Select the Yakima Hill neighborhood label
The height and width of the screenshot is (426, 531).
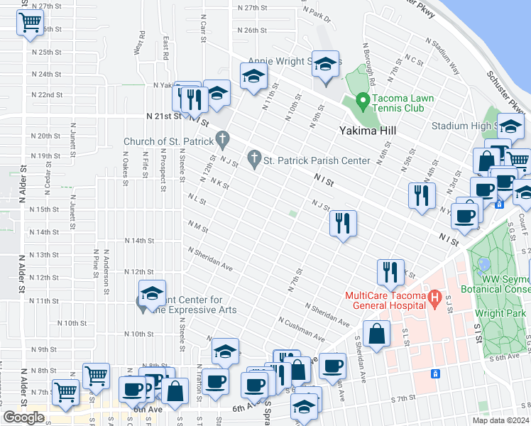(x=366, y=131)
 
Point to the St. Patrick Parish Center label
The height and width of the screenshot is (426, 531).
(x=317, y=160)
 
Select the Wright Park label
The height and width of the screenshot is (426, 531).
(x=500, y=312)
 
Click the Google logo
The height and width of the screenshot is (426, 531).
(x=23, y=417)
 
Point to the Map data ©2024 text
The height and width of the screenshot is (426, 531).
(x=500, y=420)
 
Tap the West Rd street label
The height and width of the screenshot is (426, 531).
(x=139, y=43)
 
